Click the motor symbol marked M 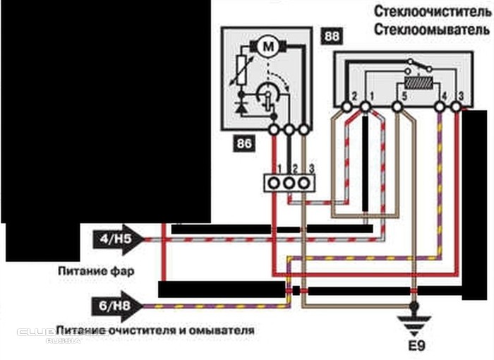pyautogui.click(x=268, y=47)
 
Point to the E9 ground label pyautogui.click(x=415, y=347)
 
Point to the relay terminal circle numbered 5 pyautogui.click(x=398, y=107)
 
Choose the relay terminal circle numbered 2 pyautogui.click(x=347, y=107)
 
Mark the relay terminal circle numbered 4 pyautogui.click(x=442, y=107)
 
